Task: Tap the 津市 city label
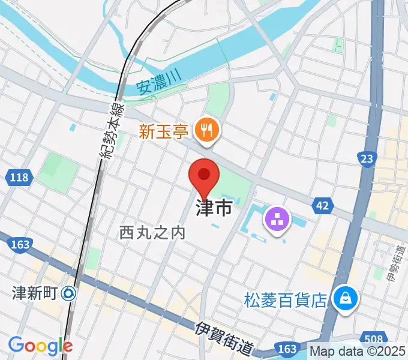click(x=213, y=209)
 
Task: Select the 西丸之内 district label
click(x=152, y=232)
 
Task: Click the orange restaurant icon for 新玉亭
click(x=208, y=129)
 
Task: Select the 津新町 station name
click(x=34, y=293)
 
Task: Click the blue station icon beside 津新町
click(x=69, y=293)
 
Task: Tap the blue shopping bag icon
click(x=346, y=298)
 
